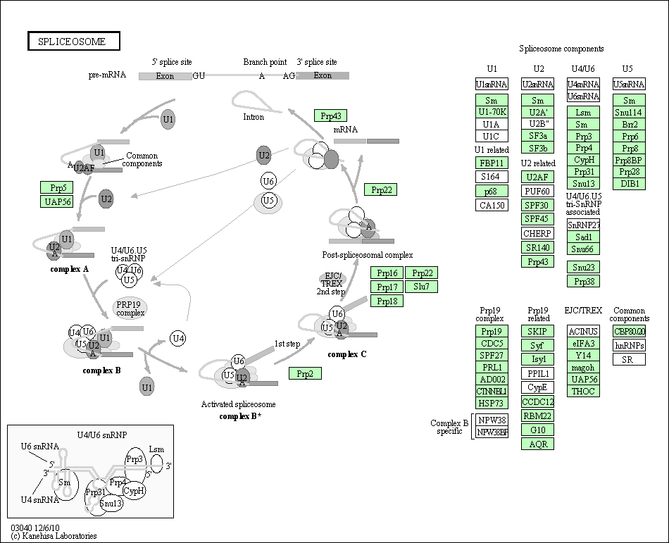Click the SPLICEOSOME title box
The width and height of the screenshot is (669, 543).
pyautogui.click(x=74, y=42)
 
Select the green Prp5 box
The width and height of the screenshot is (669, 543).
pyautogui.click(x=57, y=187)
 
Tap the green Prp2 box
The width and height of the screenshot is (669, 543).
pyautogui.click(x=305, y=373)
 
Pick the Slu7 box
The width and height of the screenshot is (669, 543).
pyautogui.click(x=421, y=287)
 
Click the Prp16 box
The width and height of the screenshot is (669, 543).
pyautogui.click(x=387, y=273)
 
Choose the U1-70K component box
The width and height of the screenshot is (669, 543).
pyautogui.click(x=492, y=112)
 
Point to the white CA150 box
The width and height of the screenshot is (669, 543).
pyautogui.click(x=492, y=205)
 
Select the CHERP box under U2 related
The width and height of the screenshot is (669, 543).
pyautogui.click(x=538, y=233)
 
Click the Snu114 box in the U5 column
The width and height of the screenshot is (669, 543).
pyautogui.click(x=628, y=112)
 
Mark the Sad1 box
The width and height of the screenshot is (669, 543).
pyautogui.click(x=583, y=237)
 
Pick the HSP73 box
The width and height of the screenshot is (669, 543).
pyautogui.click(x=492, y=403)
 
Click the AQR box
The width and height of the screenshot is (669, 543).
pyautogui.click(x=538, y=444)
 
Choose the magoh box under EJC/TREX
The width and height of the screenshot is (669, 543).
pyautogui.click(x=583, y=367)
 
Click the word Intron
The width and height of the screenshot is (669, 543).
pyautogui.click(x=254, y=117)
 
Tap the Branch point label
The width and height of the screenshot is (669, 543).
pyautogui.click(x=265, y=62)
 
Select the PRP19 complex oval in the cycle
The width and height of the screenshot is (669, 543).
pyautogui.click(x=130, y=308)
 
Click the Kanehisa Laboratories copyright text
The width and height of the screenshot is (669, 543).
pyautogui.click(x=54, y=536)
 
